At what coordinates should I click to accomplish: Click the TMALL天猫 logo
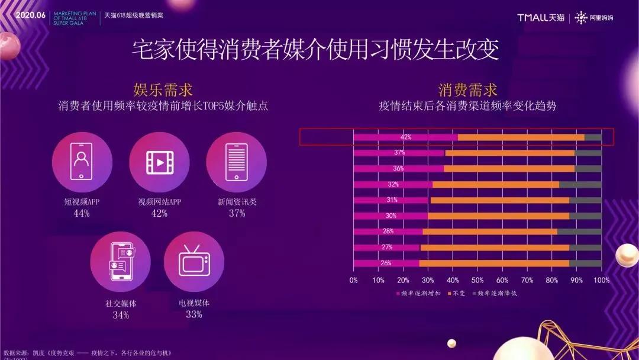click(541, 17)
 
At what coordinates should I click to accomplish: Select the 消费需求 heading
click(467, 90)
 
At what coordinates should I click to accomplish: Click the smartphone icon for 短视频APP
click(82, 162)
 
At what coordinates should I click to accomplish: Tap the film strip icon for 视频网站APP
click(159, 162)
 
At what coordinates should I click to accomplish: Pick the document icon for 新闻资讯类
click(236, 162)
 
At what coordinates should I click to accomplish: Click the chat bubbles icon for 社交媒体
click(121, 262)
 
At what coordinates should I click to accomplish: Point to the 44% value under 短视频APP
click(82, 213)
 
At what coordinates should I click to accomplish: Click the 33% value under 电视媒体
click(194, 314)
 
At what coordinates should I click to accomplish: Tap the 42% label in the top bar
click(406, 137)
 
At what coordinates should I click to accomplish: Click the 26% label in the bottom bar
click(387, 263)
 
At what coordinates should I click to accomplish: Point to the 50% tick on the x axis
click(477, 280)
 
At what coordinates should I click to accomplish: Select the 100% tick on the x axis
click(601, 280)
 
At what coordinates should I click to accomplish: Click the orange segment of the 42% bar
click(521, 137)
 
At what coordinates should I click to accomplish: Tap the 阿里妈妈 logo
click(594, 17)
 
